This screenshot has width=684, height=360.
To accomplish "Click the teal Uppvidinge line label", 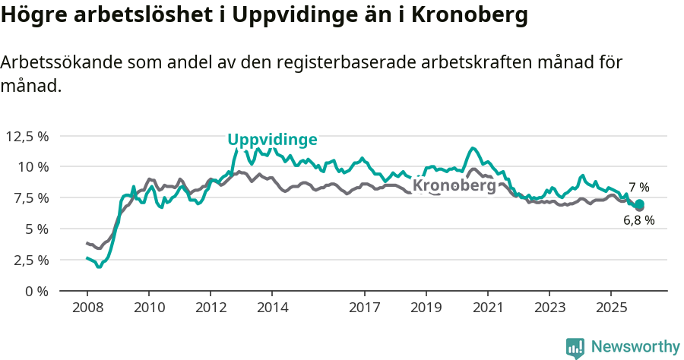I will tap(272, 140).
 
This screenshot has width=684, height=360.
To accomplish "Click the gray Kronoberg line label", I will tap(454, 185).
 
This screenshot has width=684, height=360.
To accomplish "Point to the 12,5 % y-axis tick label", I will tap(27, 136).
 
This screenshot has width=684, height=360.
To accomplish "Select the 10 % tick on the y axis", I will tap(33, 166).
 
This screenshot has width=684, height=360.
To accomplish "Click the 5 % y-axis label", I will tap(36, 229).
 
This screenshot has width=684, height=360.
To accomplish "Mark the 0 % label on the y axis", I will tap(36, 291).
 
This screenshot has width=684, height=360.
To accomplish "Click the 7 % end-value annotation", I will tap(638, 188).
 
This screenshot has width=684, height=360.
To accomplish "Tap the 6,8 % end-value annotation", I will tap(638, 220).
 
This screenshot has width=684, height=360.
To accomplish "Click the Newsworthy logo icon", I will tap(575, 348).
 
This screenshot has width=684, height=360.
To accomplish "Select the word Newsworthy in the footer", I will tap(635, 347).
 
